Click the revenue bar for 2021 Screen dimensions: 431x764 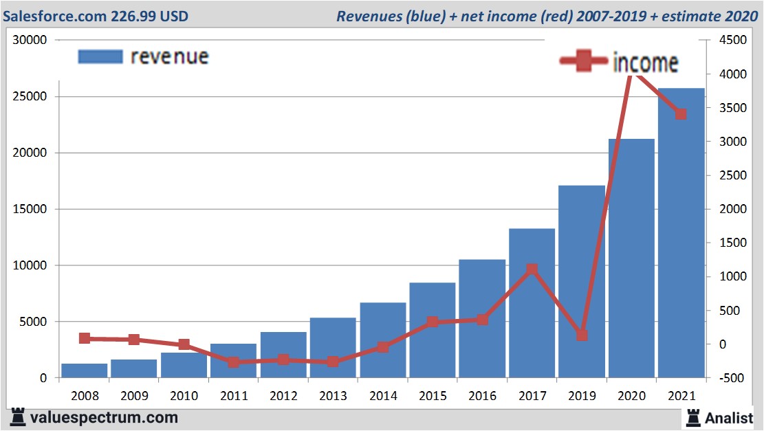(x=681, y=234)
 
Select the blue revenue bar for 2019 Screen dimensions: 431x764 (x=581, y=282)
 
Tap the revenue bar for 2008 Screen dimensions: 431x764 (x=84, y=371)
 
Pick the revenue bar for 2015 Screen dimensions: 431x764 (x=432, y=330)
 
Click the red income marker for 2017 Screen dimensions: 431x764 (x=531, y=269)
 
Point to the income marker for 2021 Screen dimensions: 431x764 (x=681, y=114)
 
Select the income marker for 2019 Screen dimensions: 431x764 (x=582, y=335)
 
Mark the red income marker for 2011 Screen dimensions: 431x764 (x=233, y=362)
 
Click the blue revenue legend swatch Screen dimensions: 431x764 (x=100, y=56)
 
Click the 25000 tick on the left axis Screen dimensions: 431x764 (x=30, y=96)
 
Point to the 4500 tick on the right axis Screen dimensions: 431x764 (x=732, y=41)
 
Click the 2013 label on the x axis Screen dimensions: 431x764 (x=333, y=397)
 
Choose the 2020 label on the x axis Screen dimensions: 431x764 (x=631, y=397)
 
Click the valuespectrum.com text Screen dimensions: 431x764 (x=104, y=417)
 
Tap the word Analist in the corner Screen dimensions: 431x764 (x=728, y=417)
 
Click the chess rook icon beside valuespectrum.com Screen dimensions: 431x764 (x=18, y=417)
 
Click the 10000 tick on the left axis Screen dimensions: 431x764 (x=30, y=265)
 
